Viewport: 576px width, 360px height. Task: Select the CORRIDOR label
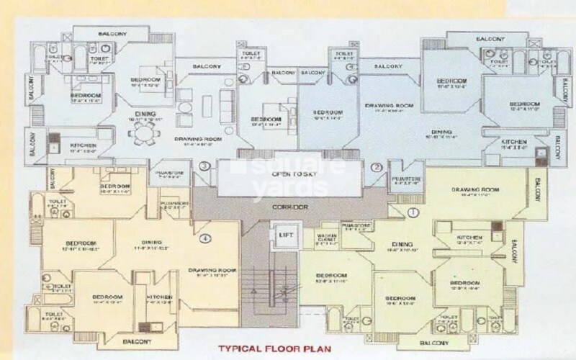(291, 207)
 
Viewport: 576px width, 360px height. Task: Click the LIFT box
(282, 235)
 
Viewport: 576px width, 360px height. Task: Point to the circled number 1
(413, 212)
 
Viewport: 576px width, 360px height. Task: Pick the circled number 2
(375, 167)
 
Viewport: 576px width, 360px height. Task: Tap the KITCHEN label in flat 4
(158, 297)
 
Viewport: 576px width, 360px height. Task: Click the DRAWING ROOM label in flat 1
(474, 189)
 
